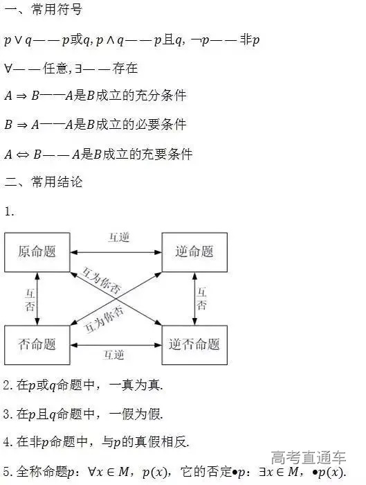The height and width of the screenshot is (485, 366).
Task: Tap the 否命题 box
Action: pyautogui.click(x=37, y=344)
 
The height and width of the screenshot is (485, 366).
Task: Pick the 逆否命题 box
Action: pyautogui.click(x=194, y=344)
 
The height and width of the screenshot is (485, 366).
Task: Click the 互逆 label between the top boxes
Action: pyautogui.click(x=118, y=237)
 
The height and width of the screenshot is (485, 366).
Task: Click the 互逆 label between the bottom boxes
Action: pyautogui.click(x=114, y=355)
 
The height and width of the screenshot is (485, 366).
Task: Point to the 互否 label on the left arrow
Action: pyautogui.click(x=30, y=299)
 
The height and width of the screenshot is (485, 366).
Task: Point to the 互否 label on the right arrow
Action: pyautogui.click(x=201, y=299)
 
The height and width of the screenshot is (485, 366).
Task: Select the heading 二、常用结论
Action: pyautogui.click(x=43, y=182)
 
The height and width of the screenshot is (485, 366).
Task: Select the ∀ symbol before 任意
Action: pyautogui.click(x=8, y=68)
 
